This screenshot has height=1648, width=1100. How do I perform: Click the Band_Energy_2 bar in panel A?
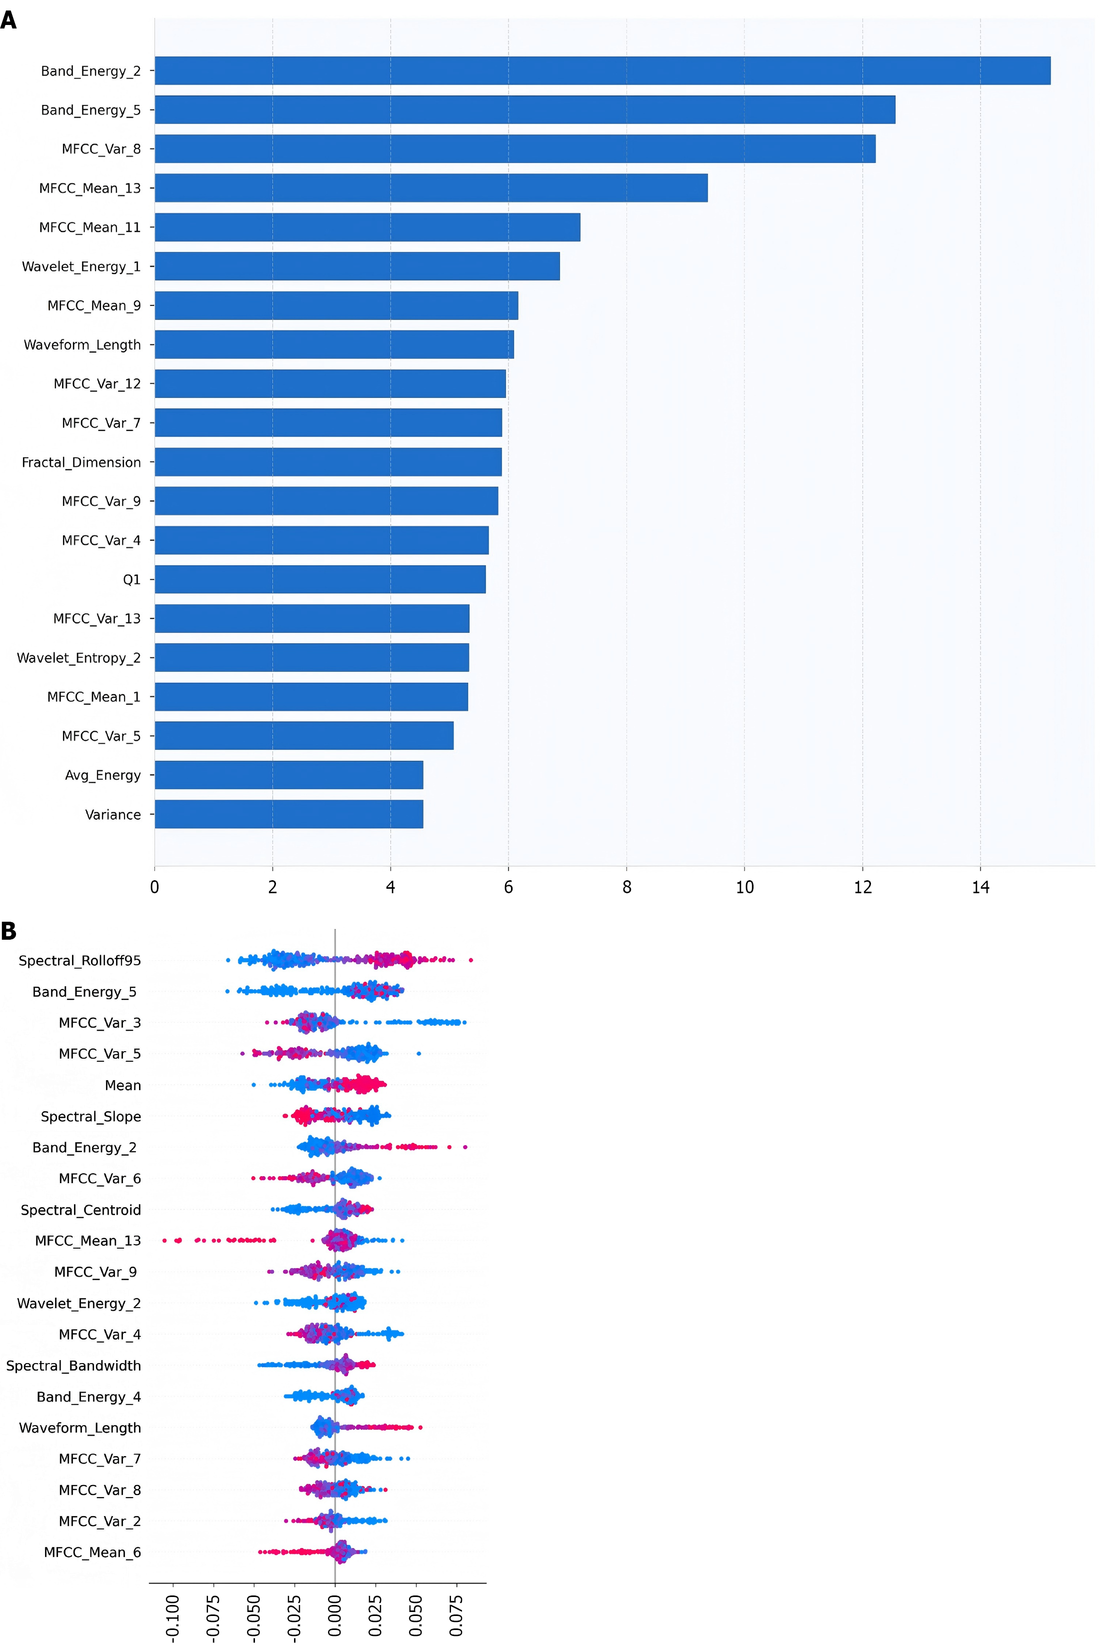click(x=602, y=71)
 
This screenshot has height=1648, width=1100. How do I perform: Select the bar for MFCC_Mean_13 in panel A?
click(x=430, y=188)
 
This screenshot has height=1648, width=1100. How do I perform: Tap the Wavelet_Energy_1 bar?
click(x=357, y=266)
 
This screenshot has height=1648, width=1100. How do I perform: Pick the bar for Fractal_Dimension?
click(x=327, y=462)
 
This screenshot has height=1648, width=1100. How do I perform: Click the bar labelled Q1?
click(x=320, y=579)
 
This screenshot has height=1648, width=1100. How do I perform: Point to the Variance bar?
click(x=288, y=814)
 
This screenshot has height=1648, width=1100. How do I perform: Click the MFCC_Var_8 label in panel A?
click(x=101, y=148)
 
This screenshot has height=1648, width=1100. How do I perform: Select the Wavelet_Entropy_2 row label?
click(x=78, y=658)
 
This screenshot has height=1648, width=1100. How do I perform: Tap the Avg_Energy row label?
click(x=102, y=775)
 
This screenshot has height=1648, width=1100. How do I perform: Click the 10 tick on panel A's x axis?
click(x=744, y=887)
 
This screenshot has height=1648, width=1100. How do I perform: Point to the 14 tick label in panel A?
click(x=980, y=887)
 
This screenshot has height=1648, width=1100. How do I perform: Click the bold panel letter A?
click(x=8, y=19)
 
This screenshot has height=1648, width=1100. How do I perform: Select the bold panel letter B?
click(x=8, y=931)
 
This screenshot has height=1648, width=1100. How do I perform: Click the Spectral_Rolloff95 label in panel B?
click(x=79, y=961)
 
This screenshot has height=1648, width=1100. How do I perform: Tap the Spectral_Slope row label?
click(x=90, y=1117)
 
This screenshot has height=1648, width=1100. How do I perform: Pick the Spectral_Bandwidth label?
click(x=73, y=1366)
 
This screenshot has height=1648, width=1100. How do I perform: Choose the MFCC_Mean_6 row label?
click(x=92, y=1552)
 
